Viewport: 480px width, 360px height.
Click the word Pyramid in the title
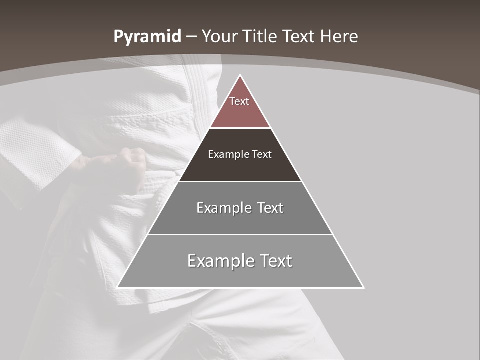click(x=147, y=37)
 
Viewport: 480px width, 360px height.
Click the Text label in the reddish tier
click(x=239, y=101)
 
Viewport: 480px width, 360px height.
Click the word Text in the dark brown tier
click(x=262, y=154)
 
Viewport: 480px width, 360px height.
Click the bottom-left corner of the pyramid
click(x=118, y=287)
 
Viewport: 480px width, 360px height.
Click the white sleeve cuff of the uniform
click(x=32, y=150)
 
